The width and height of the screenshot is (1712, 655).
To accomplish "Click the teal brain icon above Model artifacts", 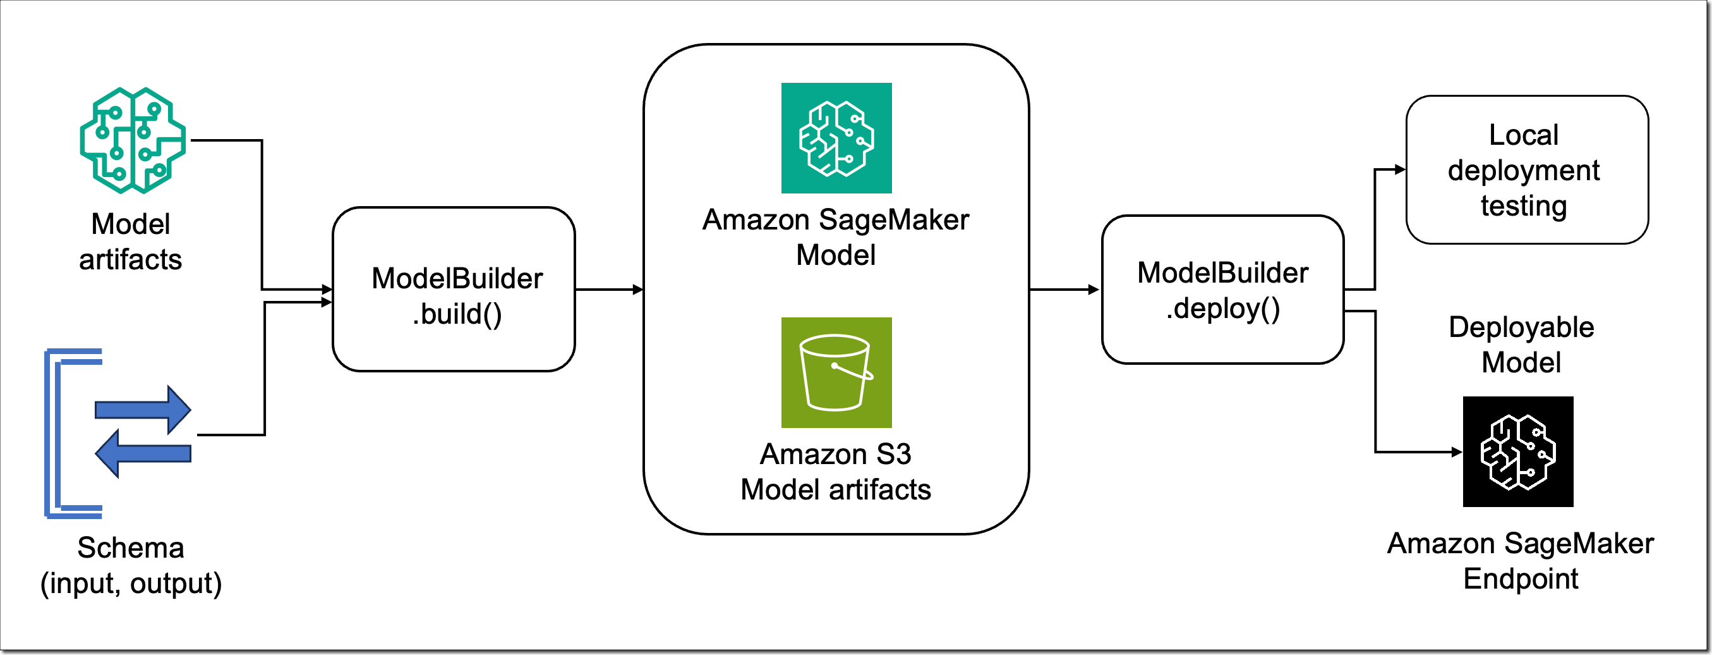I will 132,140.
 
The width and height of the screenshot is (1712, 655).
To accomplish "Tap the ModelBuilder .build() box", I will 454,290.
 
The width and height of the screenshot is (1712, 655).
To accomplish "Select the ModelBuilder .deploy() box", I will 1223,290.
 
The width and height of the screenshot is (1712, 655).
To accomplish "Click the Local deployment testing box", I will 1526,169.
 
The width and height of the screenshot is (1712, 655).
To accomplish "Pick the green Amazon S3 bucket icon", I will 836,372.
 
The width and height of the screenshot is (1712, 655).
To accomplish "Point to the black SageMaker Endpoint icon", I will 1518,451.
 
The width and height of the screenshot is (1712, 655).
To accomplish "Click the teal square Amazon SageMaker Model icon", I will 836,138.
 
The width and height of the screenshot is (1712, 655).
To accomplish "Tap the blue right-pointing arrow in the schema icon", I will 143,410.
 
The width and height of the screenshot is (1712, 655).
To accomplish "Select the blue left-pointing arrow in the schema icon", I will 143,453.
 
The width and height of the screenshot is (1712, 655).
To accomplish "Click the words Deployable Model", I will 1521,345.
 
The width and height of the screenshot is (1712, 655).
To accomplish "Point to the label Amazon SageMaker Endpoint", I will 1521,561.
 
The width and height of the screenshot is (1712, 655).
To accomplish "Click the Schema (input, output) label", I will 131,565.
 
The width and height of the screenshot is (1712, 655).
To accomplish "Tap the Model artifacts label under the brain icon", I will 131,242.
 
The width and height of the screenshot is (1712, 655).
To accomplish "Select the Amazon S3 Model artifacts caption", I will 835,472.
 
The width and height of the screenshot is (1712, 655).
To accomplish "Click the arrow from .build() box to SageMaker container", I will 609,290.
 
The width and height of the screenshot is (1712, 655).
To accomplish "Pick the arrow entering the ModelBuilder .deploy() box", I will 1064,290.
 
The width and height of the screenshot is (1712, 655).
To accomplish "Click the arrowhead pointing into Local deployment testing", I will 1400,169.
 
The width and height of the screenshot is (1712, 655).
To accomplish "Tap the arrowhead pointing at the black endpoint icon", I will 1457,452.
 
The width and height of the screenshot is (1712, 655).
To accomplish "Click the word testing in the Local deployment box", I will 1524,205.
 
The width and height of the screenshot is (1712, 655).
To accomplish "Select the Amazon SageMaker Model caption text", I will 835,236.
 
